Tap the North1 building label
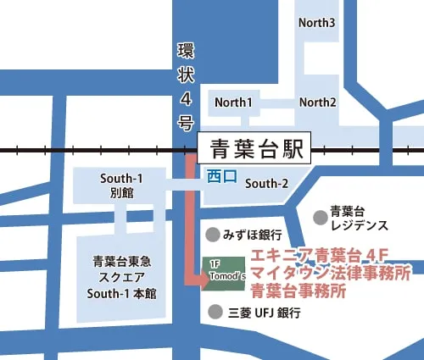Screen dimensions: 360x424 [x=234, y=102]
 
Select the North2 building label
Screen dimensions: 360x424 [x=318, y=102]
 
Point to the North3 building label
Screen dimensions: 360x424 [x=317, y=22]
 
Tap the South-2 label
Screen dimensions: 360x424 [x=267, y=183]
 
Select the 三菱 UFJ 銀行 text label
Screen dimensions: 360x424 [x=265, y=313]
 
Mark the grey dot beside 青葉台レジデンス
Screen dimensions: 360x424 [x=318, y=218]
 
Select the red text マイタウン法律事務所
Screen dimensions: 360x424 [x=331, y=274]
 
